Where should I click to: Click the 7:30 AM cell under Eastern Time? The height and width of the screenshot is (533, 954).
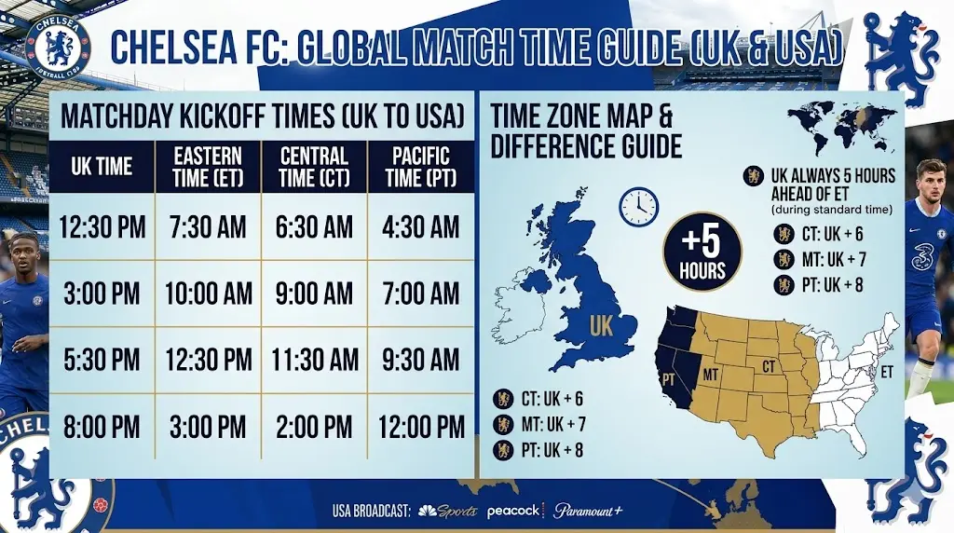209,226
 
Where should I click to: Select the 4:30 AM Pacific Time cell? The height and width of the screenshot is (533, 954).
420,226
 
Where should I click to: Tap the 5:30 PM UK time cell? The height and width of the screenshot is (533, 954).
102,360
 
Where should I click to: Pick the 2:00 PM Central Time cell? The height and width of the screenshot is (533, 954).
314,427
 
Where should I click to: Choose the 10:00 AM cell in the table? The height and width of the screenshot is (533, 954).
209,294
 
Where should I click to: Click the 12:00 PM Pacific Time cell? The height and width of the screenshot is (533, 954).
420,427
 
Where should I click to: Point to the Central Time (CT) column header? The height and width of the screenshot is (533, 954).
314,168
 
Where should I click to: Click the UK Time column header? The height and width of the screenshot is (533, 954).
102,168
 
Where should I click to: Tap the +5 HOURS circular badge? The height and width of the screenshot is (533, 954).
702,252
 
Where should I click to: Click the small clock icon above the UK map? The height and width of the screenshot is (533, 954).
639,206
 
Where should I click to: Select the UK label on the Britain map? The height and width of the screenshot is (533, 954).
600,325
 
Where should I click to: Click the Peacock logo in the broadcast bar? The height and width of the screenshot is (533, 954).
513,511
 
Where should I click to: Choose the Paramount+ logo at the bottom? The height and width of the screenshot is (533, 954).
588,511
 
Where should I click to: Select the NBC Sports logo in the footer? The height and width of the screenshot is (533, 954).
448,511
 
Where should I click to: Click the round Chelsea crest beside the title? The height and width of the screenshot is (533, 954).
58,45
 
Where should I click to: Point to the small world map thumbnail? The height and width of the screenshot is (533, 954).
842,124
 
